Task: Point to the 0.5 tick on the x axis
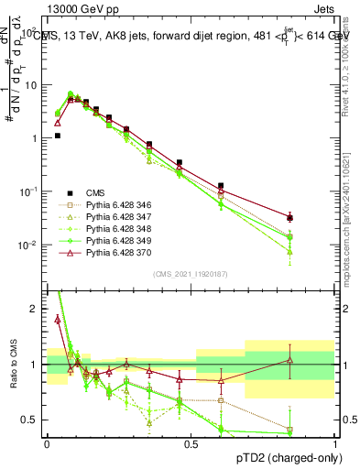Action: pos(191,442)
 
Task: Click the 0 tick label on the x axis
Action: pos(48,442)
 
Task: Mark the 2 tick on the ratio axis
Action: pos(37,309)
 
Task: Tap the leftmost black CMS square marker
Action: pos(57,136)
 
